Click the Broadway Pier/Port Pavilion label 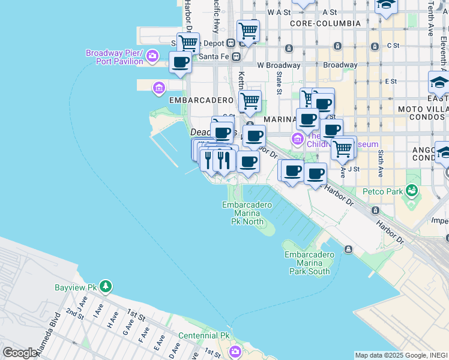(x=113, y=57)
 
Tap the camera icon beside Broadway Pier (x=152, y=56)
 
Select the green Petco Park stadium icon (x=411, y=191)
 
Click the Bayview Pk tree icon (x=106, y=287)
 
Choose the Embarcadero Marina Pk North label (x=247, y=213)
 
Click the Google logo (x=20, y=353)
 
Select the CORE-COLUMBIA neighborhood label (x=325, y=23)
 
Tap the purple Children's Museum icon (x=297, y=139)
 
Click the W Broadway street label (x=279, y=65)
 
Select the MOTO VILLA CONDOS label (x=423, y=113)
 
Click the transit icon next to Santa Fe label (x=236, y=56)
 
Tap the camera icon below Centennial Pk (x=235, y=351)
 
